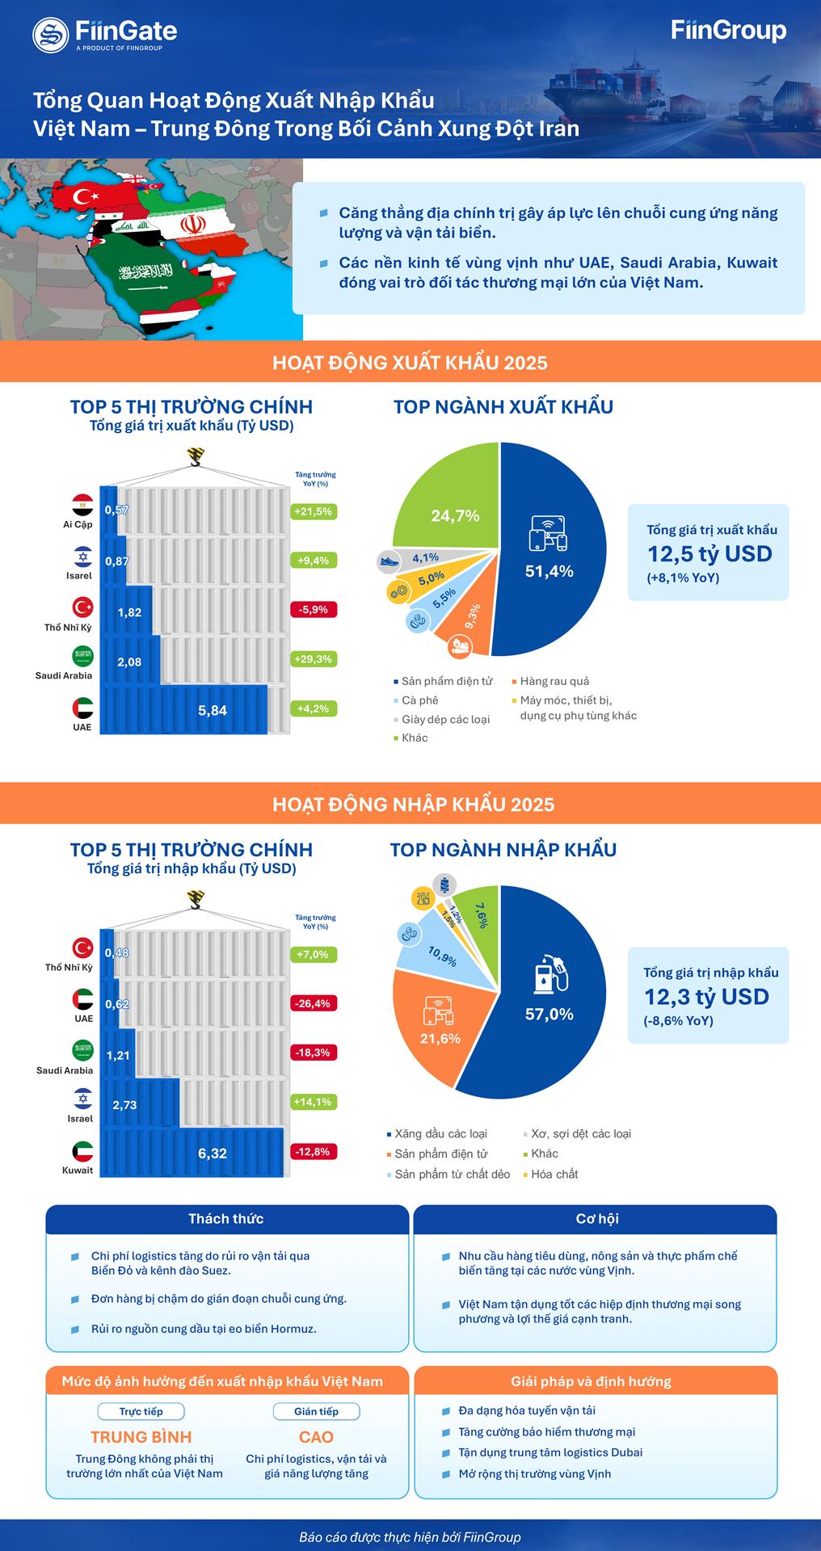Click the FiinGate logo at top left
[105, 34]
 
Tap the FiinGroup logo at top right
[728, 32]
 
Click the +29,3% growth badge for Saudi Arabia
[314, 659]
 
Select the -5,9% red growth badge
[314, 610]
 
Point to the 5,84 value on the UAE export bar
[213, 711]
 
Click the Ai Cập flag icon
[82, 506]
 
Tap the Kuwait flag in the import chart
[82, 1151]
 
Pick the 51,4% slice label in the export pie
[549, 571]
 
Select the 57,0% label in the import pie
[549, 1014]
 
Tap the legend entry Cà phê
[419, 700]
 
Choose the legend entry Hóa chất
[554, 1174]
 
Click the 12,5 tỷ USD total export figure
[709, 554]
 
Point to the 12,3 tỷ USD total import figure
[706, 997]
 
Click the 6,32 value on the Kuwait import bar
[213, 1153]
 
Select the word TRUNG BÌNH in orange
[141, 1437]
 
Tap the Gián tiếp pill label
[316, 1411]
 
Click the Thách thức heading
[226, 1219]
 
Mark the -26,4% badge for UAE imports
[314, 1003]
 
